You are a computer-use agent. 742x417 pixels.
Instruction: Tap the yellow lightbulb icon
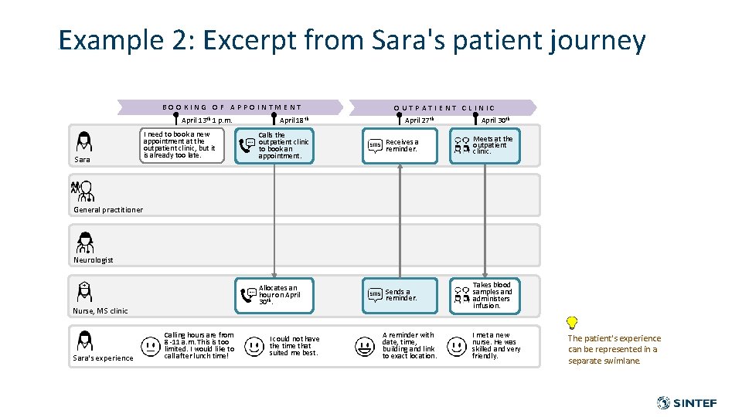[572, 323]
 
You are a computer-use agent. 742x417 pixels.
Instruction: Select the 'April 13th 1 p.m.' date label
[206, 120]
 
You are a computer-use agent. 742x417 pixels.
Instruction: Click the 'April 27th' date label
[419, 120]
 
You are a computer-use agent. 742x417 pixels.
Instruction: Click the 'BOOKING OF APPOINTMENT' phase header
[231, 107]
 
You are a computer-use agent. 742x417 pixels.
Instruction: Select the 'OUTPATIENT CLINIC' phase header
[444, 108]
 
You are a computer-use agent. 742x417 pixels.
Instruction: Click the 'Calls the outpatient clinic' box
[274, 145]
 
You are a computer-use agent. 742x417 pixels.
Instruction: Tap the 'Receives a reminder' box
[400, 145]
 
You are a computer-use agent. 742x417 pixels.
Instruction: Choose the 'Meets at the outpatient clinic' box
[485, 145]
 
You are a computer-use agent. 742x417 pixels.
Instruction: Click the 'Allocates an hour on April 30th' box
[274, 295]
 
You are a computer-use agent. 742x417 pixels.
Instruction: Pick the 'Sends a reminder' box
[400, 295]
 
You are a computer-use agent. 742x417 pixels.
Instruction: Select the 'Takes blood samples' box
[485, 295]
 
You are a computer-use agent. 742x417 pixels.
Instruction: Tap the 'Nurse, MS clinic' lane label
[100, 310]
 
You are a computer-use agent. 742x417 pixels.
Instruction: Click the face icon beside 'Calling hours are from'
[150, 346]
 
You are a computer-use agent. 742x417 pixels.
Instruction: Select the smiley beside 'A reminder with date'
[365, 346]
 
